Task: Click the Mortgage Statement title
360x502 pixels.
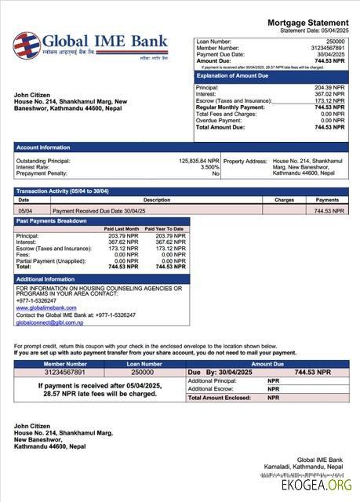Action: pyautogui.click(x=307, y=23)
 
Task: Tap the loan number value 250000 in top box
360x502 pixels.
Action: pyautogui.click(x=334, y=40)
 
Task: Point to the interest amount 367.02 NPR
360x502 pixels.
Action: pyautogui.click(x=329, y=94)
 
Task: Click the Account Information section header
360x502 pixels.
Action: pyautogui.click(x=43, y=147)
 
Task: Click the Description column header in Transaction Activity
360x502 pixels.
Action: pyautogui.click(x=157, y=200)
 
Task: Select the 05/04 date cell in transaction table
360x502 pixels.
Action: pyautogui.click(x=25, y=211)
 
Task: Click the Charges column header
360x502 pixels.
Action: pyautogui.click(x=284, y=200)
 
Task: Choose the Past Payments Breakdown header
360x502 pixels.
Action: pyautogui.click(x=52, y=221)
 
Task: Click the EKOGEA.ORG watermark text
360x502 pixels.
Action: pyautogui.click(x=317, y=486)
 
